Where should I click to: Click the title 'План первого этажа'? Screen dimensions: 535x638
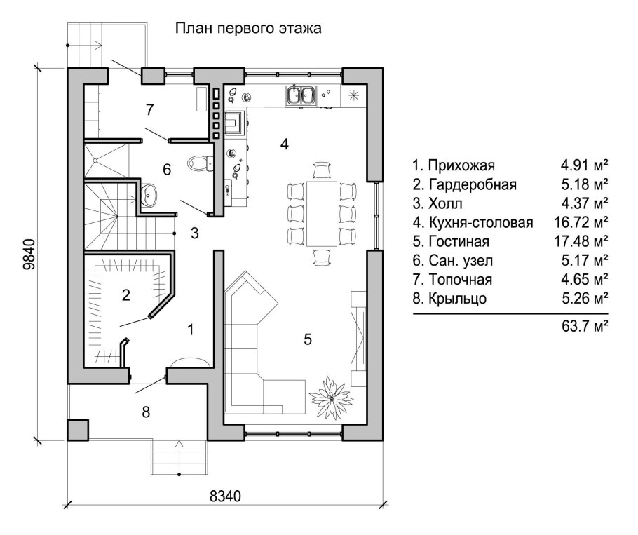pyautogui.click(x=247, y=29)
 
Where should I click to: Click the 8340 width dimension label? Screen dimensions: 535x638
pyautogui.click(x=225, y=496)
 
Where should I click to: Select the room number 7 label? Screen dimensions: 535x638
pyautogui.click(x=149, y=109)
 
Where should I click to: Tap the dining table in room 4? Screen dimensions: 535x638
pyautogui.click(x=323, y=212)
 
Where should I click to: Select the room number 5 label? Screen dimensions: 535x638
pyautogui.click(x=307, y=339)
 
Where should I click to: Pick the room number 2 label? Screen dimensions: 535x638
pyautogui.click(x=125, y=294)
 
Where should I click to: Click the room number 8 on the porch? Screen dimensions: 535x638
pyautogui.click(x=145, y=412)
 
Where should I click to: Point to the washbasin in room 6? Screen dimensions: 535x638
pyautogui.click(x=149, y=195)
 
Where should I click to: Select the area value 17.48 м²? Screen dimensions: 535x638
pyautogui.click(x=580, y=242)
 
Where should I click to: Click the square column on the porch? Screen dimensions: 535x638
pyautogui.click(x=77, y=429)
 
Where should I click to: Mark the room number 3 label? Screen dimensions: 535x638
pyautogui.click(x=194, y=233)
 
